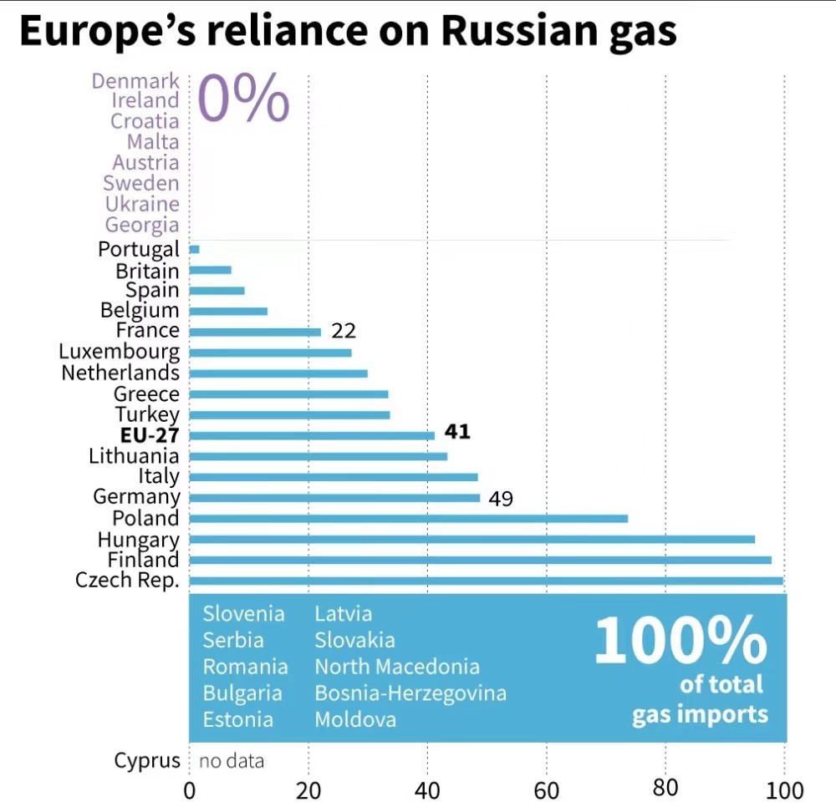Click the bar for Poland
(x=408, y=519)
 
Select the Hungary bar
(x=472, y=540)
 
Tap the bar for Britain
(x=210, y=270)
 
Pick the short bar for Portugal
(x=194, y=249)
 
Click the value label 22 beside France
(x=343, y=331)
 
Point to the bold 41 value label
(x=457, y=432)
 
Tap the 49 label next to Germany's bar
(x=500, y=499)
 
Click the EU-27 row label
(x=150, y=435)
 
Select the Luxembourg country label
(x=119, y=352)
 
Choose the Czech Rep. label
(x=127, y=580)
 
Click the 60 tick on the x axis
(x=547, y=790)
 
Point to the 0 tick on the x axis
(x=190, y=790)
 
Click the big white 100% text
(x=680, y=642)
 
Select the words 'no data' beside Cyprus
(x=232, y=761)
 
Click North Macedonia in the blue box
(x=397, y=667)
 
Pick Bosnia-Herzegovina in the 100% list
(x=410, y=693)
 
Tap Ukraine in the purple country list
(x=142, y=204)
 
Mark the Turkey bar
(x=289, y=414)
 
